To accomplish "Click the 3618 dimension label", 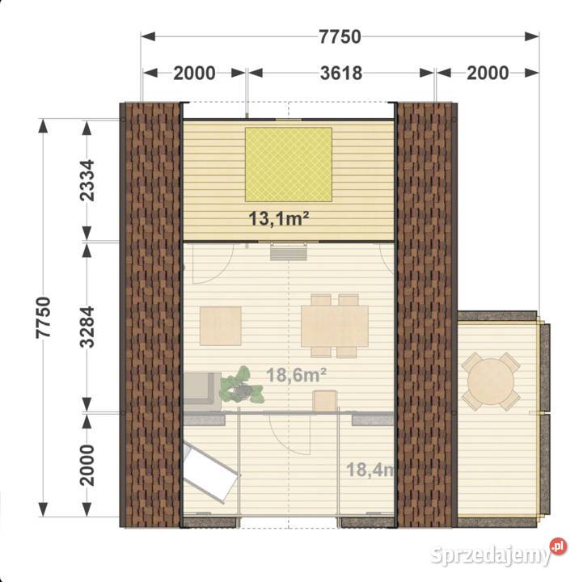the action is [x=341, y=74].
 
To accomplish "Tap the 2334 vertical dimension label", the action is [x=87, y=180].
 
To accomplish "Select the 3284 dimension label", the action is [x=87, y=327].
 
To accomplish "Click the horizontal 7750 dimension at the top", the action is [x=340, y=37].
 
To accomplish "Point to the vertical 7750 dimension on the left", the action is [x=43, y=318].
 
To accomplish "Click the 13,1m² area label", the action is [x=278, y=218].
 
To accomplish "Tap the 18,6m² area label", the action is [x=296, y=375].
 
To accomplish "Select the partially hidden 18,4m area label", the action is [x=370, y=470].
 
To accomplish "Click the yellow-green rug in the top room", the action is [x=289, y=164].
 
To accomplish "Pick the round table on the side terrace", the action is [x=491, y=382].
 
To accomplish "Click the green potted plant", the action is [x=242, y=386].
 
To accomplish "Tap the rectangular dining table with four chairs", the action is [x=335, y=326].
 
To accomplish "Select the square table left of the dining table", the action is [x=221, y=326].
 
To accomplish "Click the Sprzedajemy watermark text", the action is [x=491, y=555].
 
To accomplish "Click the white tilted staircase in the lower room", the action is [x=211, y=471].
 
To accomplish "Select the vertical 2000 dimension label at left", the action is [x=87, y=465].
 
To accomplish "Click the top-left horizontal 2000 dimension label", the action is [x=194, y=74].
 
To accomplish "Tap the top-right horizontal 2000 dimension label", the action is [x=488, y=74].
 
